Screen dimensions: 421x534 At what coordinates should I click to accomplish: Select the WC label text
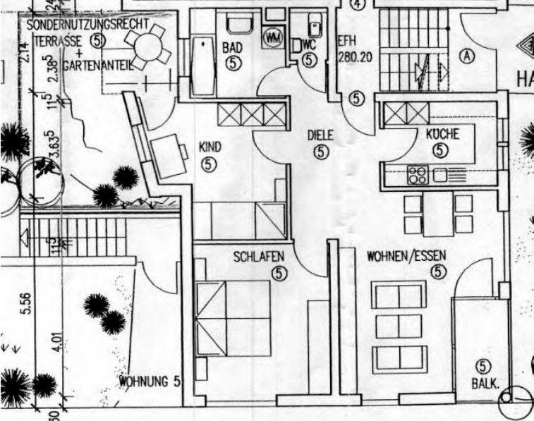[x=309, y=44]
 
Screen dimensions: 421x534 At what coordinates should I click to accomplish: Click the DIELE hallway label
[x=320, y=135]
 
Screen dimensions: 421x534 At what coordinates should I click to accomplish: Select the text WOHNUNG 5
[x=150, y=383]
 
